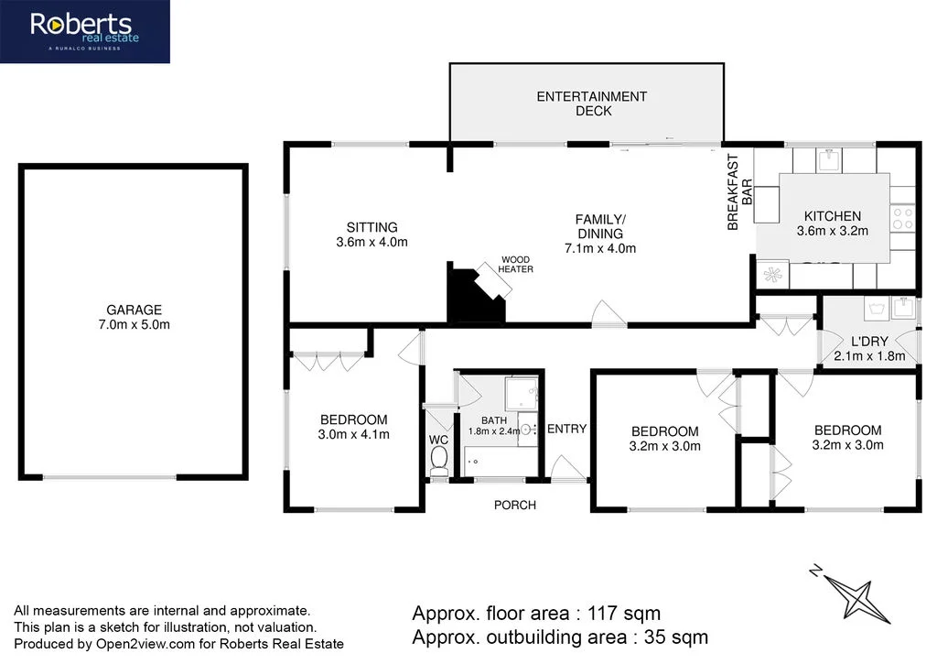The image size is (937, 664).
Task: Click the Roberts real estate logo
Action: point(84,31)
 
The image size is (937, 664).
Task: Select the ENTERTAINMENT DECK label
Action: point(591,103)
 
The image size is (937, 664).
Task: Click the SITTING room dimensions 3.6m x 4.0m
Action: point(372,243)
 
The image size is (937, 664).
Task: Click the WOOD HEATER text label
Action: point(515,264)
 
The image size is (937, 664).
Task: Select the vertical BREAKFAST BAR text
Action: point(738,203)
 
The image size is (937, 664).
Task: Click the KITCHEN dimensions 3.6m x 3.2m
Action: point(833,231)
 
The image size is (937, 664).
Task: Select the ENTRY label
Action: point(566,429)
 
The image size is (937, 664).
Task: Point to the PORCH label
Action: point(515,505)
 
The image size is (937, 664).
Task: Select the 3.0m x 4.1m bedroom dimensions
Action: point(353,434)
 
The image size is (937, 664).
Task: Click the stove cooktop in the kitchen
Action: point(902,218)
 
